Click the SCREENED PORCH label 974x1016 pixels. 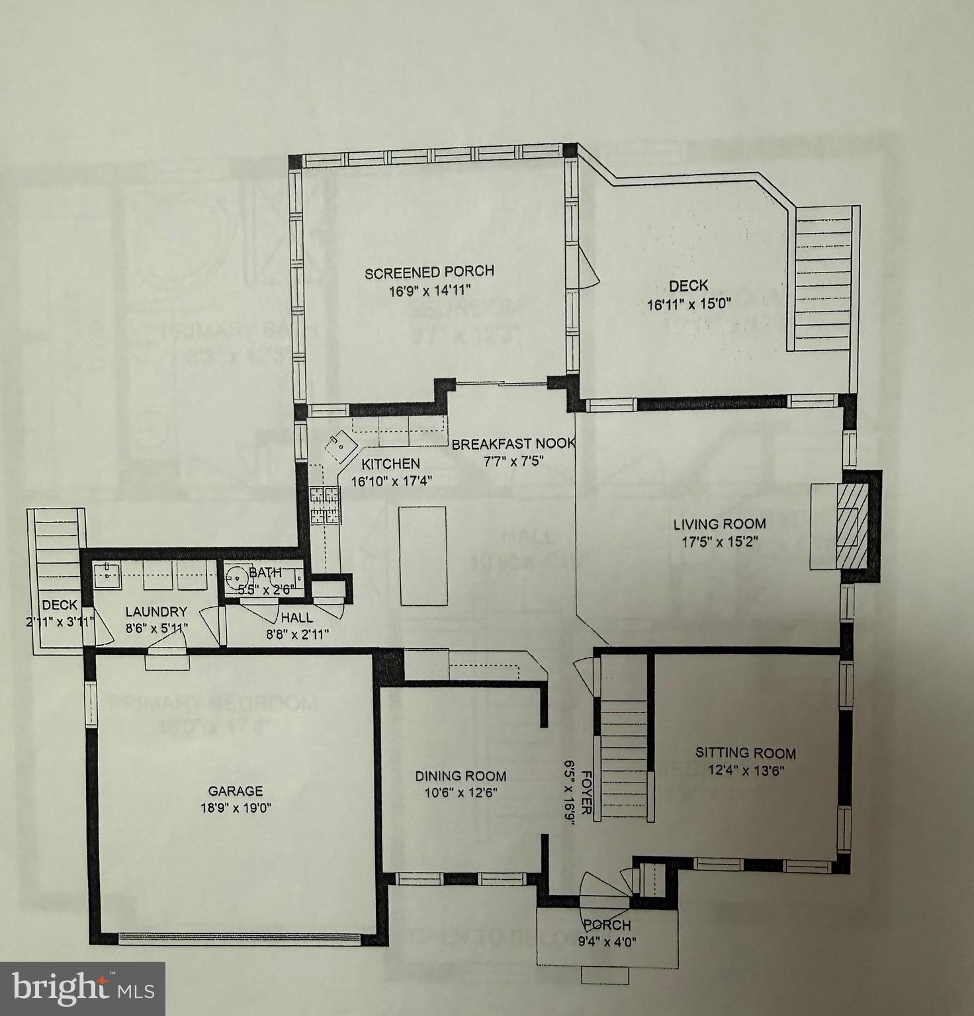(429, 271)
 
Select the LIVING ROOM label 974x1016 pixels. (719, 524)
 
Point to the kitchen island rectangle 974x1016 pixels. (423, 555)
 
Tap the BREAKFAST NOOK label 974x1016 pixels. (513, 444)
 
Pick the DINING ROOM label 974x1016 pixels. (461, 776)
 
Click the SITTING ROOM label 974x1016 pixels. (745, 753)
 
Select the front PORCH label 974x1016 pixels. (607, 925)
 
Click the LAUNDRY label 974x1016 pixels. (156, 612)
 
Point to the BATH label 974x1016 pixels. (265, 572)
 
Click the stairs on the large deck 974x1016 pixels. (822, 278)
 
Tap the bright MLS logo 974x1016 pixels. (83, 989)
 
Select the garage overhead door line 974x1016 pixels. (240, 936)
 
